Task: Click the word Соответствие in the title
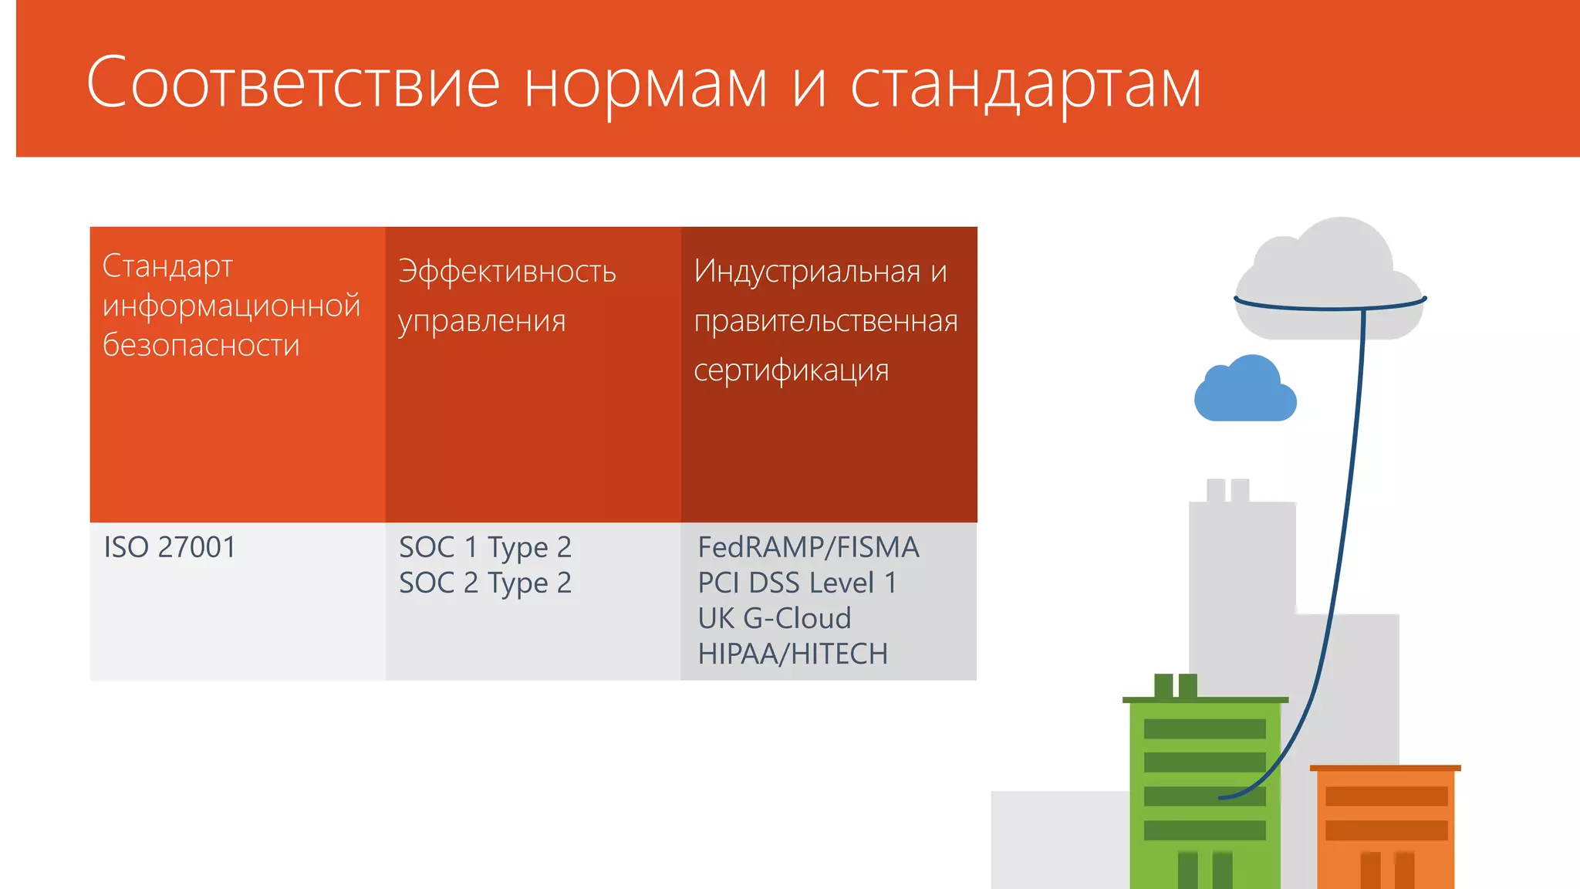click(x=293, y=83)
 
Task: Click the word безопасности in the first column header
click(x=201, y=345)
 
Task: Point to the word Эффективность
click(x=507, y=272)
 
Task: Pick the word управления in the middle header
click(x=482, y=321)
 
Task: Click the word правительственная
click(x=825, y=321)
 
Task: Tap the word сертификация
click(x=791, y=370)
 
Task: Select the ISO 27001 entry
click(x=170, y=547)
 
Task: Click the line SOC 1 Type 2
click(x=485, y=548)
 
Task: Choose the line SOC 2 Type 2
click(x=485, y=583)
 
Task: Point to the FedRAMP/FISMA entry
click(x=808, y=547)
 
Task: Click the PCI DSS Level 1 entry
click(x=797, y=583)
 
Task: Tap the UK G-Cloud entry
click(x=774, y=618)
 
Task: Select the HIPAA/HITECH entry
click(x=792, y=654)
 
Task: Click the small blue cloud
click(x=1244, y=392)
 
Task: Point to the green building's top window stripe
click(x=1204, y=728)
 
